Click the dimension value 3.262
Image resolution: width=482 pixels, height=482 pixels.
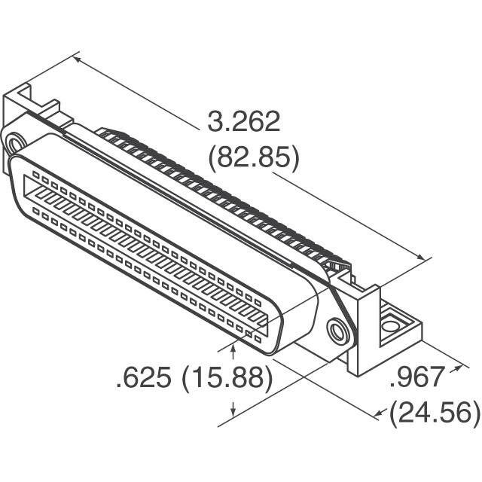click(x=243, y=121)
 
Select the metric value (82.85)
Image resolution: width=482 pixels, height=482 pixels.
click(x=253, y=158)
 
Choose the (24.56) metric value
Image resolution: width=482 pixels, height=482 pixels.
click(x=435, y=413)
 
